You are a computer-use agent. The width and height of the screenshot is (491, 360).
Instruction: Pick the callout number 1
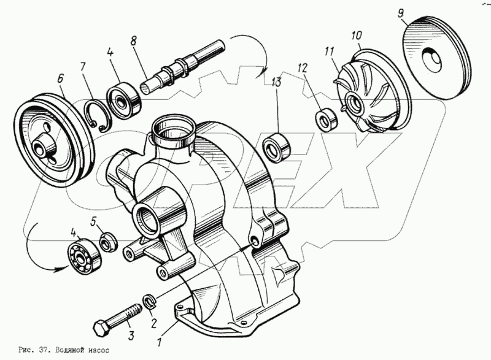click(159, 337)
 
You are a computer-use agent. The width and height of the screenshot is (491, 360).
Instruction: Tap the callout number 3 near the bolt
click(130, 335)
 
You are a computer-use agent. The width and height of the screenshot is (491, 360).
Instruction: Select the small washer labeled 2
click(149, 301)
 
